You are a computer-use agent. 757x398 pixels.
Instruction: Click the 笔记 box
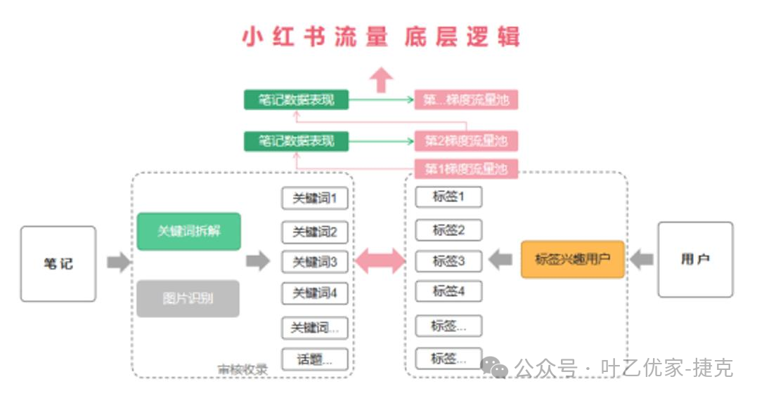point(58,264)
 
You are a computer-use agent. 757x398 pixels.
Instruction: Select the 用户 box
point(694,260)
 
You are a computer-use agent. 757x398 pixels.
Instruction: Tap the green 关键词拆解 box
point(188,231)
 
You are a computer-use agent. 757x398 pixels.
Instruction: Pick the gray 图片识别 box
point(188,298)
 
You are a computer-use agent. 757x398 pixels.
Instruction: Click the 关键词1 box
point(314,198)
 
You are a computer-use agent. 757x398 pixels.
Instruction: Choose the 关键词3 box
point(314,262)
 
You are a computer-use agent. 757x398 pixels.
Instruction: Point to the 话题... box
point(314,359)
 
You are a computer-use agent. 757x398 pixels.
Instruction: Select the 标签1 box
point(448,197)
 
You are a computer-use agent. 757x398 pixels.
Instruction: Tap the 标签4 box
point(448,291)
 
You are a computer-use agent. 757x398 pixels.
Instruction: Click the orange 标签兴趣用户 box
point(572,259)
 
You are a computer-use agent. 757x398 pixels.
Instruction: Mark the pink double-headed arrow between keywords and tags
point(380,261)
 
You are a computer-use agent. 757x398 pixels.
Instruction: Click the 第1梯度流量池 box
point(465,169)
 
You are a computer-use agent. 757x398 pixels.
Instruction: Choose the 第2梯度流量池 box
point(465,141)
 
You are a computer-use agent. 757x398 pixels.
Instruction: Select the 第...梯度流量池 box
point(465,100)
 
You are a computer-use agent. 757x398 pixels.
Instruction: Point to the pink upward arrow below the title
point(381,79)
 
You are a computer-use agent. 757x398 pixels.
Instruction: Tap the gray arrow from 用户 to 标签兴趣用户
point(641,260)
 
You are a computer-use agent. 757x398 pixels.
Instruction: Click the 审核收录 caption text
point(242,369)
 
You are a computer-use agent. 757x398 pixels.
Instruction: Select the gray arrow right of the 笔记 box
point(118,263)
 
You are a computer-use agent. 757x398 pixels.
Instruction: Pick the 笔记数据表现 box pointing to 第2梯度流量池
point(297,141)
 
